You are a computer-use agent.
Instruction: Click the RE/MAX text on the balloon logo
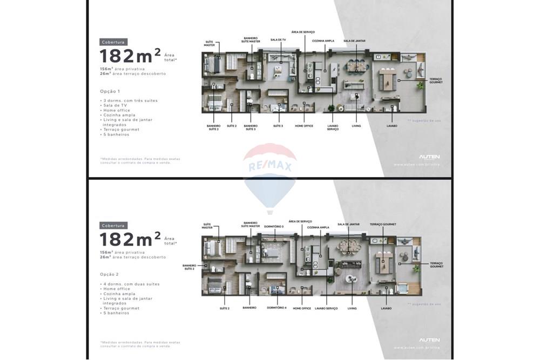coord(269,166)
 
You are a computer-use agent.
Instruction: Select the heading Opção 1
coord(110,91)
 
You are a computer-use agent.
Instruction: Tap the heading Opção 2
coord(110,274)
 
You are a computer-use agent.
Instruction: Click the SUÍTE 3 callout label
coord(278,126)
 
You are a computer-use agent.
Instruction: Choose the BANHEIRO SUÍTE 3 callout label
coord(251,127)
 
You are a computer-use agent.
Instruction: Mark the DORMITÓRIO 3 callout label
coord(275,226)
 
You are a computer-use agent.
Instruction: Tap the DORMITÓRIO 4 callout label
coord(276,308)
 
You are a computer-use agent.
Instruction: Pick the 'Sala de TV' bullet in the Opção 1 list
coord(114,105)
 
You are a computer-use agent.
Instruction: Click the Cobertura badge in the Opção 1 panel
coord(113,42)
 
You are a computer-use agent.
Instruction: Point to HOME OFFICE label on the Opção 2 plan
coord(302,308)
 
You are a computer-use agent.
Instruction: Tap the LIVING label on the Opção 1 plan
coord(356,126)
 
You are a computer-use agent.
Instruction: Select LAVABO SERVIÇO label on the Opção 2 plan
coord(327,308)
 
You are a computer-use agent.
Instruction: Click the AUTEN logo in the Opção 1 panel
coord(429,157)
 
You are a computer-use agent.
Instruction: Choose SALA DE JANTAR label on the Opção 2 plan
coord(348,224)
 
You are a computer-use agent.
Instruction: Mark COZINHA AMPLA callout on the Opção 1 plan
coord(323,40)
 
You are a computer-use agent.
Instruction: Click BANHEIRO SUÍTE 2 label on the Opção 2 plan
coord(189,267)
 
